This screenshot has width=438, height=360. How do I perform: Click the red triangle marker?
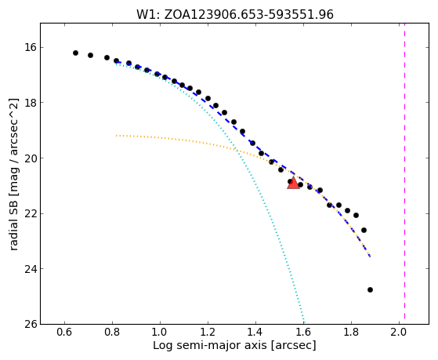click(293, 183)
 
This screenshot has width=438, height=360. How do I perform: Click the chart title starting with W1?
click(235, 14)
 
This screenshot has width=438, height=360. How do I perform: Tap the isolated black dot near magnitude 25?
click(370, 289)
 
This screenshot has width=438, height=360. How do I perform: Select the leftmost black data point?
click(75, 53)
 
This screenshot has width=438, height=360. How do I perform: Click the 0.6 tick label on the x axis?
click(64, 333)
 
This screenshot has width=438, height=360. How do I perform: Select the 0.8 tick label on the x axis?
click(112, 333)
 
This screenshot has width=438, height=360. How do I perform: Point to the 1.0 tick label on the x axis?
click(160, 333)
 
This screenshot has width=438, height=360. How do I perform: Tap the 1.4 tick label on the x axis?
click(255, 333)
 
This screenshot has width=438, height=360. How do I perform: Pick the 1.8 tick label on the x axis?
click(351, 333)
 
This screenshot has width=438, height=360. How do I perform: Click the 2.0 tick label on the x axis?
click(399, 333)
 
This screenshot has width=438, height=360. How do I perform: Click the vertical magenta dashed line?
click(404, 171)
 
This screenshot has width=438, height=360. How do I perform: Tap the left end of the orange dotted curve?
click(117, 136)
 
